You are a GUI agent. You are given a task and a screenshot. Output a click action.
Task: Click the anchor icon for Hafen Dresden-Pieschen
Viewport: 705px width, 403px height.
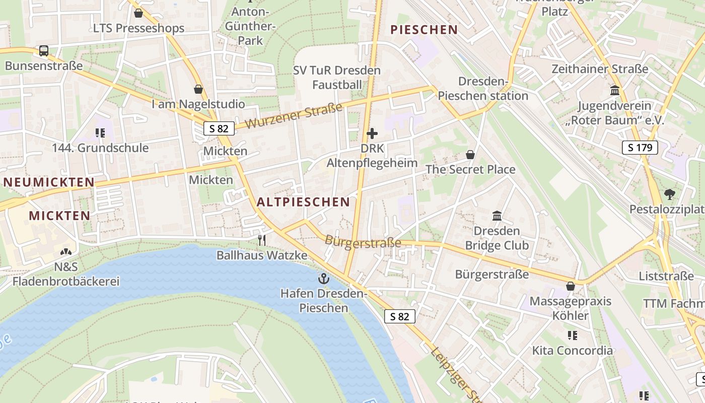coord(323,279)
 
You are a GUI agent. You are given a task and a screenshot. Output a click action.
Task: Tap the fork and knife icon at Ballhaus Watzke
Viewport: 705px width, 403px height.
coord(262,240)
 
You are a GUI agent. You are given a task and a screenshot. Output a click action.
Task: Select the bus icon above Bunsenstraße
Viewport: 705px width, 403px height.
coord(44,51)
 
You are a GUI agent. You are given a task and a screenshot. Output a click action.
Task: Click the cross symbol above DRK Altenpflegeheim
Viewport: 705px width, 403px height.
coord(372,133)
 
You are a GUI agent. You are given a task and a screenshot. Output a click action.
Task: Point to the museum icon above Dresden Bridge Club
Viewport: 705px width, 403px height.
coord(497,216)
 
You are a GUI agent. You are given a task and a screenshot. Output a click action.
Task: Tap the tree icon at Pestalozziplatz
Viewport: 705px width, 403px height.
coord(670,194)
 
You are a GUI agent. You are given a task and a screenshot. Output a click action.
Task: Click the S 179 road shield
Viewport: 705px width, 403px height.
coord(640,148)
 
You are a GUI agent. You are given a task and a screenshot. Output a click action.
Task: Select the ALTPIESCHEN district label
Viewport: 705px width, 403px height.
coord(303,202)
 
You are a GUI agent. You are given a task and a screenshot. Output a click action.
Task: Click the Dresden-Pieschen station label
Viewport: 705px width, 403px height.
coord(482,89)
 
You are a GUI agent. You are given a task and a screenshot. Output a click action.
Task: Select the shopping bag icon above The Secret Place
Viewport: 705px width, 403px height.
coord(470,155)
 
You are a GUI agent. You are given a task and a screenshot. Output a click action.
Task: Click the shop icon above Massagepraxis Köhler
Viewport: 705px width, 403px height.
coord(571,287)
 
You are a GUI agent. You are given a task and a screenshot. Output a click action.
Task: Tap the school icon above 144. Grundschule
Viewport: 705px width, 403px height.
coord(100,133)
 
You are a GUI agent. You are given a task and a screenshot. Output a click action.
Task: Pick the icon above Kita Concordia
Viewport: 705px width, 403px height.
coord(572,335)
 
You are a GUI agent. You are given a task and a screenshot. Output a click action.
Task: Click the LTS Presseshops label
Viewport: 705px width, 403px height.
coord(139,28)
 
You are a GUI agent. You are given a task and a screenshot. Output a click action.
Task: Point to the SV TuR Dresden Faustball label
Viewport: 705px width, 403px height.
coord(337,77)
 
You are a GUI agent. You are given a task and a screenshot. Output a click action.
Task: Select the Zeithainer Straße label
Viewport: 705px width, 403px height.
coord(600,69)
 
